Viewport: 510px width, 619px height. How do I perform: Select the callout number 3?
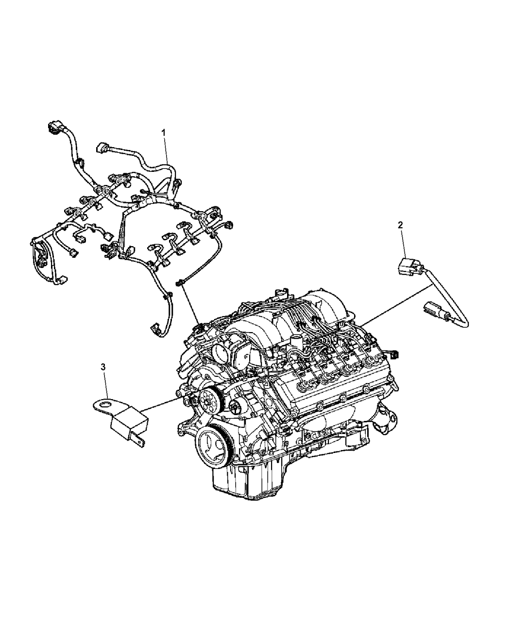102,368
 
